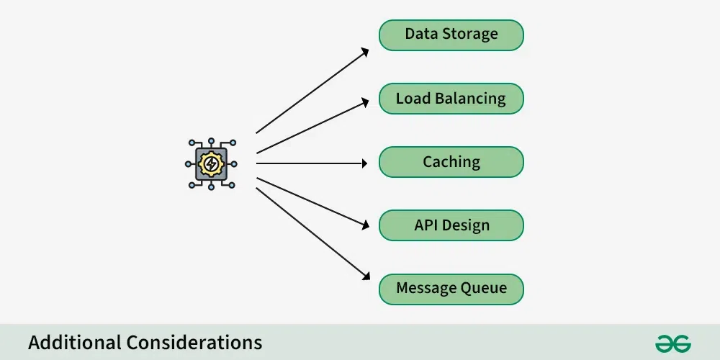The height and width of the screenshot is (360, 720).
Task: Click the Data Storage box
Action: pyautogui.click(x=451, y=35)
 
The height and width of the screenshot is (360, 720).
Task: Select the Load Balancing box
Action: pyautogui.click(x=451, y=99)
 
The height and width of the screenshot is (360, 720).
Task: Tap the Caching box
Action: pyautogui.click(x=451, y=162)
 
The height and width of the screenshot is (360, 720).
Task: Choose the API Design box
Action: pyautogui.click(x=451, y=225)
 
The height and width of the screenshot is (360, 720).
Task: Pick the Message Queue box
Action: pyautogui.click(x=451, y=289)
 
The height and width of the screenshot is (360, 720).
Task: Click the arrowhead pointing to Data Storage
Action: pyautogui.click(x=365, y=51)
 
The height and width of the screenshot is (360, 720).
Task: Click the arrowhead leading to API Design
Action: pyautogui.click(x=364, y=224)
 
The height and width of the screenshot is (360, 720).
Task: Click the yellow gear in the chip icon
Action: pyautogui.click(x=211, y=164)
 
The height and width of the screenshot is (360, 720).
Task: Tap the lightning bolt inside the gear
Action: pyautogui.click(x=211, y=164)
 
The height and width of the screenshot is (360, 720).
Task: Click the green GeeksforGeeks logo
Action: pyautogui.click(x=673, y=343)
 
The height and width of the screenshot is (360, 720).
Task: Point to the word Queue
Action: pyautogui.click(x=483, y=289)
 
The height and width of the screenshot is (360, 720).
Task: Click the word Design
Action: pyautogui.click(x=465, y=225)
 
